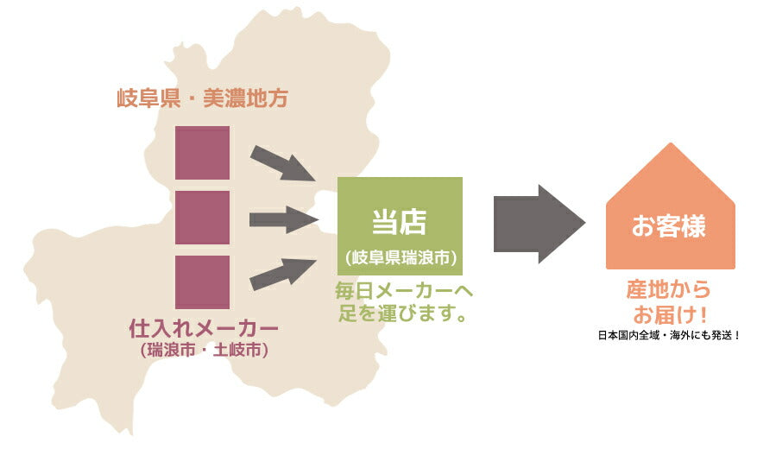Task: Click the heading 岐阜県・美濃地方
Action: coord(202,98)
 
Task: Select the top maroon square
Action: coord(202,153)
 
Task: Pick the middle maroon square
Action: coord(202,218)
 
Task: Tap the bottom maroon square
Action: coord(202,282)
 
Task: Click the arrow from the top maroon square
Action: coord(283,163)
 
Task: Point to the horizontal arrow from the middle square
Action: coord(284,220)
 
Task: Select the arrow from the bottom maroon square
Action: coord(283,274)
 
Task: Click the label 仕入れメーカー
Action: coord(204,328)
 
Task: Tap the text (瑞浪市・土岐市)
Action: coord(204,350)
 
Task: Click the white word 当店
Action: coord(400,221)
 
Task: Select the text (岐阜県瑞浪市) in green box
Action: coord(401,257)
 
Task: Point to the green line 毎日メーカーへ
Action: coord(404,291)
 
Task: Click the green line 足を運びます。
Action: coord(402,313)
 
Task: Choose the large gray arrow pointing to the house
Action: coord(539,224)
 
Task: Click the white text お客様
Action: coord(669,225)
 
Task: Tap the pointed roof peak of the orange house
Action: coord(671,143)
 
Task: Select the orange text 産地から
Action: coord(669,289)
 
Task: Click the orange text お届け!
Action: coord(670,314)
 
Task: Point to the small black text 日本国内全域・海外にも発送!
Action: coord(669,335)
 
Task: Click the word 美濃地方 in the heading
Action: coord(245,98)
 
